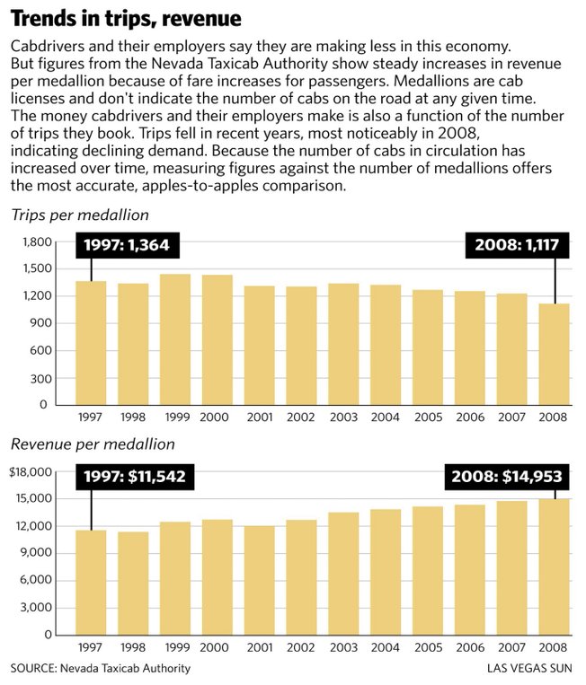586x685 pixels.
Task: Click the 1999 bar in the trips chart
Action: coord(175,339)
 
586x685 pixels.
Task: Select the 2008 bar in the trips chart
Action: coord(554,355)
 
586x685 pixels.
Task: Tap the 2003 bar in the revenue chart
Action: coord(343,574)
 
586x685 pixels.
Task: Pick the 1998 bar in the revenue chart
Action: coord(133,584)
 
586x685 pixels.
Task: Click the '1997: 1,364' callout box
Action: coord(128,244)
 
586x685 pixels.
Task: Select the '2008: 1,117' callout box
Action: coord(518,244)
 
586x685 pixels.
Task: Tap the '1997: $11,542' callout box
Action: coord(135,476)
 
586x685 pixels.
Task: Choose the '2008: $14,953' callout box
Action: coord(507,476)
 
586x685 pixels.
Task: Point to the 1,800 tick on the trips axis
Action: coord(37,242)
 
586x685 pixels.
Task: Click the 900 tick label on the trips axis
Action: coord(40,323)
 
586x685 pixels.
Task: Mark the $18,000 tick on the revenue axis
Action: coord(31,472)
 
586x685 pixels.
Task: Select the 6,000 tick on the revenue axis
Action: coord(35,580)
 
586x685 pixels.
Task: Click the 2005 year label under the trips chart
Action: coord(429,417)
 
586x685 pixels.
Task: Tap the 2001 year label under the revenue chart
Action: coord(260,647)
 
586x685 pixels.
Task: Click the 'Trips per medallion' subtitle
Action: coord(80,215)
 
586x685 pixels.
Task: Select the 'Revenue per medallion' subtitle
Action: coord(93,444)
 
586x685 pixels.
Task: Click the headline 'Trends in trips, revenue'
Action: coord(126,18)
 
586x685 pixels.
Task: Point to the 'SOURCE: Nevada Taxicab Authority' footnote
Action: coord(101,669)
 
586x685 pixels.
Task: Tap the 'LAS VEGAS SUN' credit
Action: coord(529,669)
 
